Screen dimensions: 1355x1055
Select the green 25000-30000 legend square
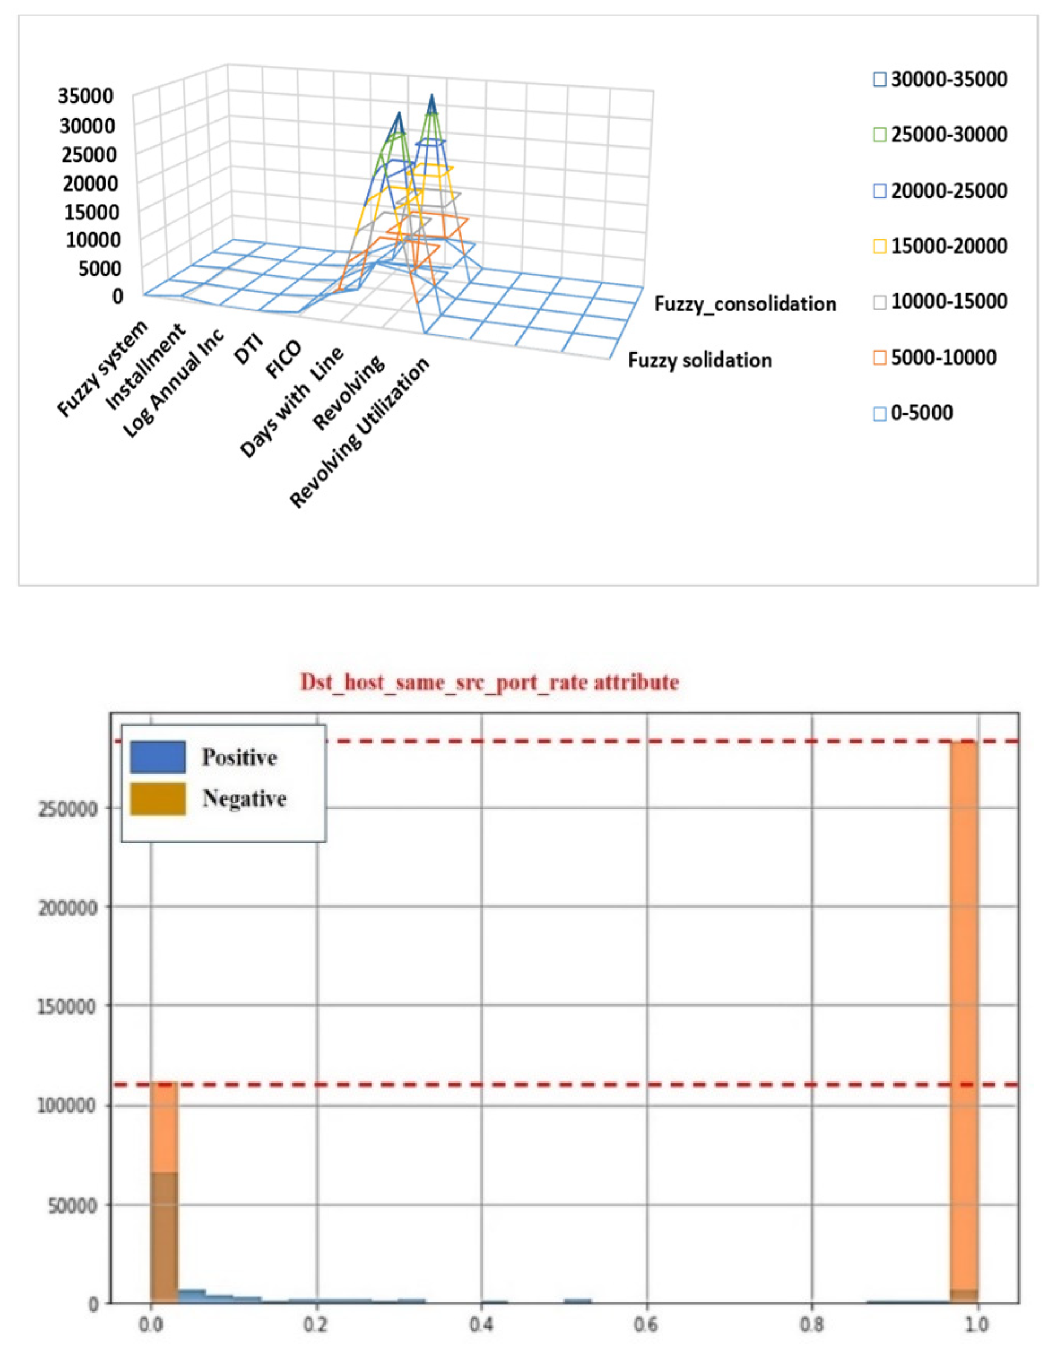tap(879, 135)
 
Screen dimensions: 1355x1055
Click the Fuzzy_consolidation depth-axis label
tap(745, 304)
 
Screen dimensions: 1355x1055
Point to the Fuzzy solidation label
tap(700, 361)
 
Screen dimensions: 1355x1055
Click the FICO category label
tap(284, 360)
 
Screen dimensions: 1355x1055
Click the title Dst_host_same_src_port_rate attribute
tap(489, 682)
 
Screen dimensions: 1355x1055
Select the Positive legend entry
tap(239, 757)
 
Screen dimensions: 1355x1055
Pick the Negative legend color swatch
tap(158, 799)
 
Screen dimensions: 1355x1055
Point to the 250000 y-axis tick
tap(68, 809)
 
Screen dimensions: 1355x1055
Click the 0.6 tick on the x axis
tap(646, 1324)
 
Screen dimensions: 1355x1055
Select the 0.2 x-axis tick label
tap(316, 1324)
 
